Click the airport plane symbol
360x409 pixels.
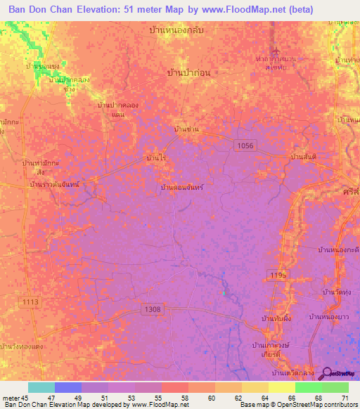click(x=280, y=51)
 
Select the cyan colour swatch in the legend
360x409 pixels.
click(x=41, y=388)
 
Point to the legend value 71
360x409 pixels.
click(x=345, y=398)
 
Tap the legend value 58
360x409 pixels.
click(x=184, y=398)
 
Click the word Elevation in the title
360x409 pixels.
click(x=98, y=9)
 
